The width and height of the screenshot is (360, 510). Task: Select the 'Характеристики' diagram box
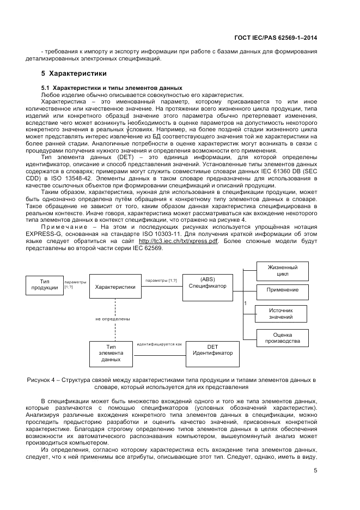(x=115, y=287)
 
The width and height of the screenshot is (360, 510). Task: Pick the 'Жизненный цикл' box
(x=282, y=271)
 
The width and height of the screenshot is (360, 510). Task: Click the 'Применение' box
(x=282, y=290)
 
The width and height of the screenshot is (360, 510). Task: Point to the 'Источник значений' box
(x=281, y=313)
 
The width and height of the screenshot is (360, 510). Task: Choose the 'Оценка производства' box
(x=282, y=338)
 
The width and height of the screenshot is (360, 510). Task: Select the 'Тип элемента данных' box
(x=111, y=353)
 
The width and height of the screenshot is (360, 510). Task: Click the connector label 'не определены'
(x=112, y=319)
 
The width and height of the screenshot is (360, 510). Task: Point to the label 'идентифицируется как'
(x=159, y=344)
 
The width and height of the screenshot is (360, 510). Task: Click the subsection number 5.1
(x=46, y=88)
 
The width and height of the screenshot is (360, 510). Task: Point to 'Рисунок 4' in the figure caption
(x=44, y=379)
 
